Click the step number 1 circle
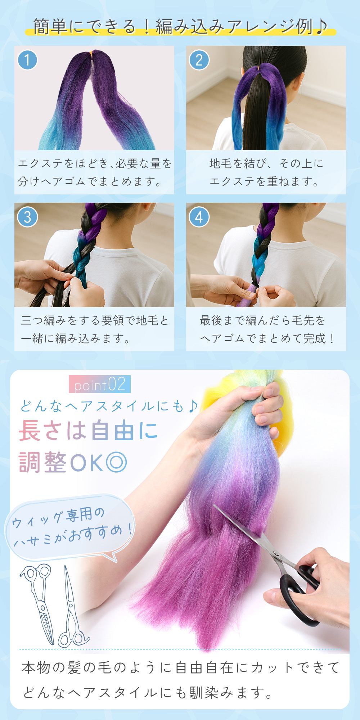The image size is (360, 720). click(x=27, y=60)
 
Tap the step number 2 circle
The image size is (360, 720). click(x=199, y=60)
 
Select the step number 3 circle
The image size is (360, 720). click(x=27, y=217)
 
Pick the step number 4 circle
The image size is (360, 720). click(x=199, y=217)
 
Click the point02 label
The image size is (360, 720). click(x=99, y=384)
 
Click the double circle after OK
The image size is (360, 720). click(x=116, y=462)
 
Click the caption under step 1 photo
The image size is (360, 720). click(x=95, y=172)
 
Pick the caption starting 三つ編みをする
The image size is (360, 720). click(x=94, y=329)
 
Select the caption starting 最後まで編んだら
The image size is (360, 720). click(x=267, y=329)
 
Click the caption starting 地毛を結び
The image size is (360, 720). click(x=266, y=172)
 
